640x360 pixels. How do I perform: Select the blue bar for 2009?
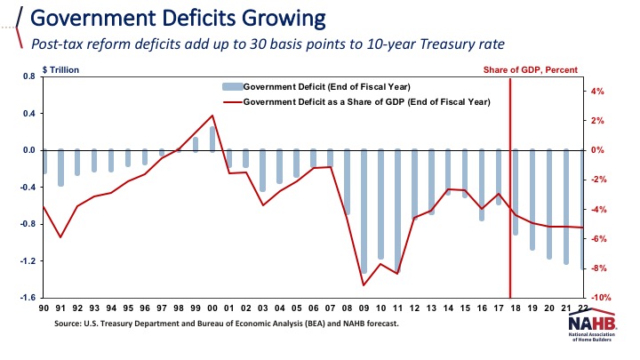[364, 212]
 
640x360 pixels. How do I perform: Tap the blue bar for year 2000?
[212, 138]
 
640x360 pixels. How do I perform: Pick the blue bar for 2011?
[397, 211]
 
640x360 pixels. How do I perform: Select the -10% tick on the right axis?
[599, 298]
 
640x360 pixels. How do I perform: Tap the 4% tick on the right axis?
[599, 91]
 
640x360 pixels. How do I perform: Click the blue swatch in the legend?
[231, 86]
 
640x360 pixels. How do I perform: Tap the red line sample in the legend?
[231, 102]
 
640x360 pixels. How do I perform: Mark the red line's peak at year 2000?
[212, 116]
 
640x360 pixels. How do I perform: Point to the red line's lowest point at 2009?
[364, 285]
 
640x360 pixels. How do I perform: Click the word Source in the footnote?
[70, 324]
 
